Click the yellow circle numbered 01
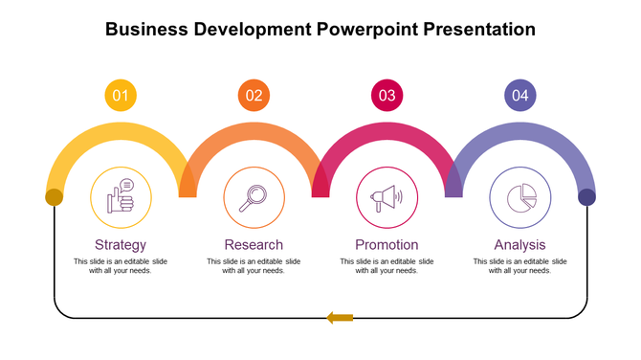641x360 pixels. click(120, 95)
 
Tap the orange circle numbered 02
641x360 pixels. click(254, 95)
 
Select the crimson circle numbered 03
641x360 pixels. click(387, 95)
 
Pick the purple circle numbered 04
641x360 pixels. click(520, 95)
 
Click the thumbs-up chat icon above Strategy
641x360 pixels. click(121, 197)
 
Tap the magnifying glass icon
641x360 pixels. click(254, 197)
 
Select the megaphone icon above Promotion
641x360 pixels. click(387, 197)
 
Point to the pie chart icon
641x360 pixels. click(519, 197)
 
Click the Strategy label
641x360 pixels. click(121, 244)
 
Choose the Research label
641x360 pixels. click(254, 244)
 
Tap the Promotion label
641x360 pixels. click(387, 244)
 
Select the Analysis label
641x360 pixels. click(519, 244)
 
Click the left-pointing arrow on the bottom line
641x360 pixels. click(340, 317)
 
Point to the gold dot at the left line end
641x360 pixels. click(55, 197)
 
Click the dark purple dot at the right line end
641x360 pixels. click(586, 197)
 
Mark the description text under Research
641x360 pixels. click(254, 266)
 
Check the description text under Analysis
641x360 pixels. click(519, 266)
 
